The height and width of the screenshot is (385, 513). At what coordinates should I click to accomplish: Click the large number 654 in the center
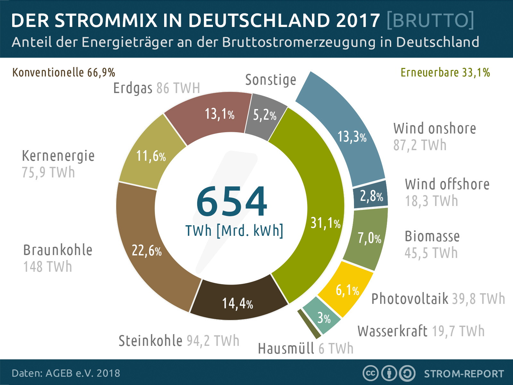[x=231, y=201]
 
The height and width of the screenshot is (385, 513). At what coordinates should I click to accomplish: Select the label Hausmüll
[x=286, y=348]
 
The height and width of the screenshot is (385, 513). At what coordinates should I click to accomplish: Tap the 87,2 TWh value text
[x=420, y=145]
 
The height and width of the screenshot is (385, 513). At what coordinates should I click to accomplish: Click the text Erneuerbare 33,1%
[x=445, y=73]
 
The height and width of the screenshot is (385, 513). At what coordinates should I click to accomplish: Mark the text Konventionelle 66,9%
[x=63, y=73]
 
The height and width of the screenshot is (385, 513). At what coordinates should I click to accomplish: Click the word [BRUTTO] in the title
[x=430, y=20]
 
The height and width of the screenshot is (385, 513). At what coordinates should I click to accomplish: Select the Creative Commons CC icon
[x=370, y=373]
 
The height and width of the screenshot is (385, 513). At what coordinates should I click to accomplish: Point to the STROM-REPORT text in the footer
[x=464, y=374]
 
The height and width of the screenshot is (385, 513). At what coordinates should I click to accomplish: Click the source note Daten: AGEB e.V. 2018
[x=66, y=373]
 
